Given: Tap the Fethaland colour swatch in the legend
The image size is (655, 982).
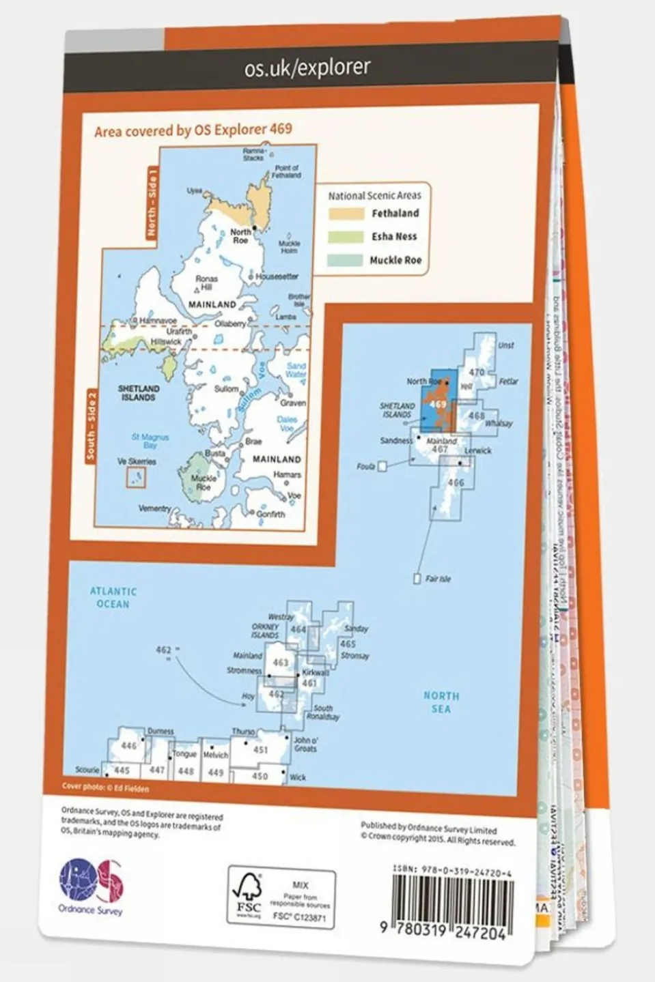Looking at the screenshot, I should pyautogui.click(x=346, y=214).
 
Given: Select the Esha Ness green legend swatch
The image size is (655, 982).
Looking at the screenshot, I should pyautogui.click(x=346, y=237).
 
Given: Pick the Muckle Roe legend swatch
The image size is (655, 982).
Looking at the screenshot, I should pyautogui.click(x=346, y=260).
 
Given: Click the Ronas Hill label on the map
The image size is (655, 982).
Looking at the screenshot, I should pyautogui.click(x=206, y=283).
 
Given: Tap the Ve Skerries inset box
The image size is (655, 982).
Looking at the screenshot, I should pyautogui.click(x=136, y=477).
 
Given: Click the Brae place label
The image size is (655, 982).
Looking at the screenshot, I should pyautogui.click(x=253, y=442).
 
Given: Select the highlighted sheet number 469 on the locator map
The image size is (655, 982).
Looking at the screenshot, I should pyautogui.click(x=438, y=405).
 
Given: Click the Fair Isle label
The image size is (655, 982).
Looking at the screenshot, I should pyautogui.click(x=438, y=579).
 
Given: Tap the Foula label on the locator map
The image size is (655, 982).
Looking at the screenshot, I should pyautogui.click(x=366, y=467).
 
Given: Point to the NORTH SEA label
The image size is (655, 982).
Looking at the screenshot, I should pyautogui.click(x=441, y=702).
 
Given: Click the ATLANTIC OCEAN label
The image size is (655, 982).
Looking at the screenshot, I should pyautogui.click(x=113, y=598).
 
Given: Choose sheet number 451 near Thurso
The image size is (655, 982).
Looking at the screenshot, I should pyautogui.click(x=260, y=749).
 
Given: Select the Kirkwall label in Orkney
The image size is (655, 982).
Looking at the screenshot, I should pyautogui.click(x=316, y=672).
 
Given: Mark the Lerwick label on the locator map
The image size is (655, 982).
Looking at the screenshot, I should pyautogui.click(x=477, y=451).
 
